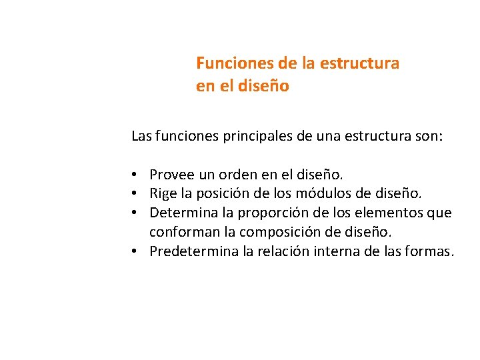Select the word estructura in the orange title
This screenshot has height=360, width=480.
[x=360, y=63]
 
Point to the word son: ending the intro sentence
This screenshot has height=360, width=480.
[x=429, y=137]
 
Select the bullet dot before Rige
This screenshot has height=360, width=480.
[x=135, y=194]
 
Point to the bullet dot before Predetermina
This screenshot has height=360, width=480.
[x=135, y=251]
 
